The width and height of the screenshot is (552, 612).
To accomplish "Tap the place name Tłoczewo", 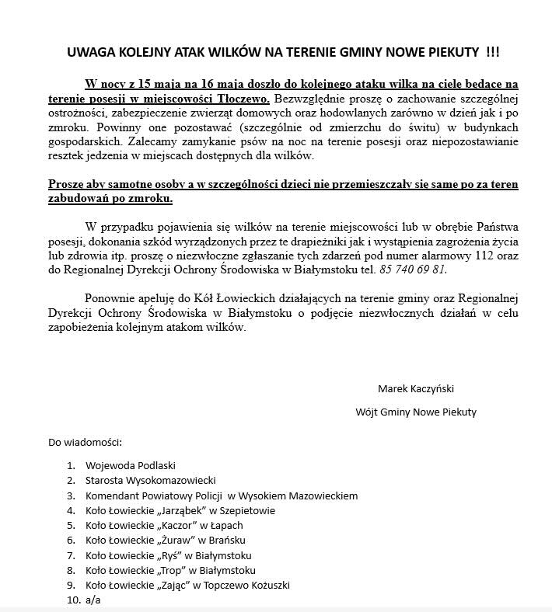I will pyautogui.click(x=246, y=99).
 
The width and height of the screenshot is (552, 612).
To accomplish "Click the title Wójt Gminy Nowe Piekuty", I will pyautogui.click(x=416, y=412).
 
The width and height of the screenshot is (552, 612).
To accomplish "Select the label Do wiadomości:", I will pyautogui.click(x=85, y=443).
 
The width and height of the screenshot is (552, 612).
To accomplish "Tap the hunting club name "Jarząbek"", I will pyautogui.click(x=185, y=510).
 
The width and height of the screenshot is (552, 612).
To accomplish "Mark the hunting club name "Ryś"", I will pyautogui.click(x=169, y=555).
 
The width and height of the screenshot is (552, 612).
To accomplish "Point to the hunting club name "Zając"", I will pyautogui.click(x=177, y=585).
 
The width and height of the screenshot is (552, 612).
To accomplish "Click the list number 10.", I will pyautogui.click(x=72, y=600).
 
